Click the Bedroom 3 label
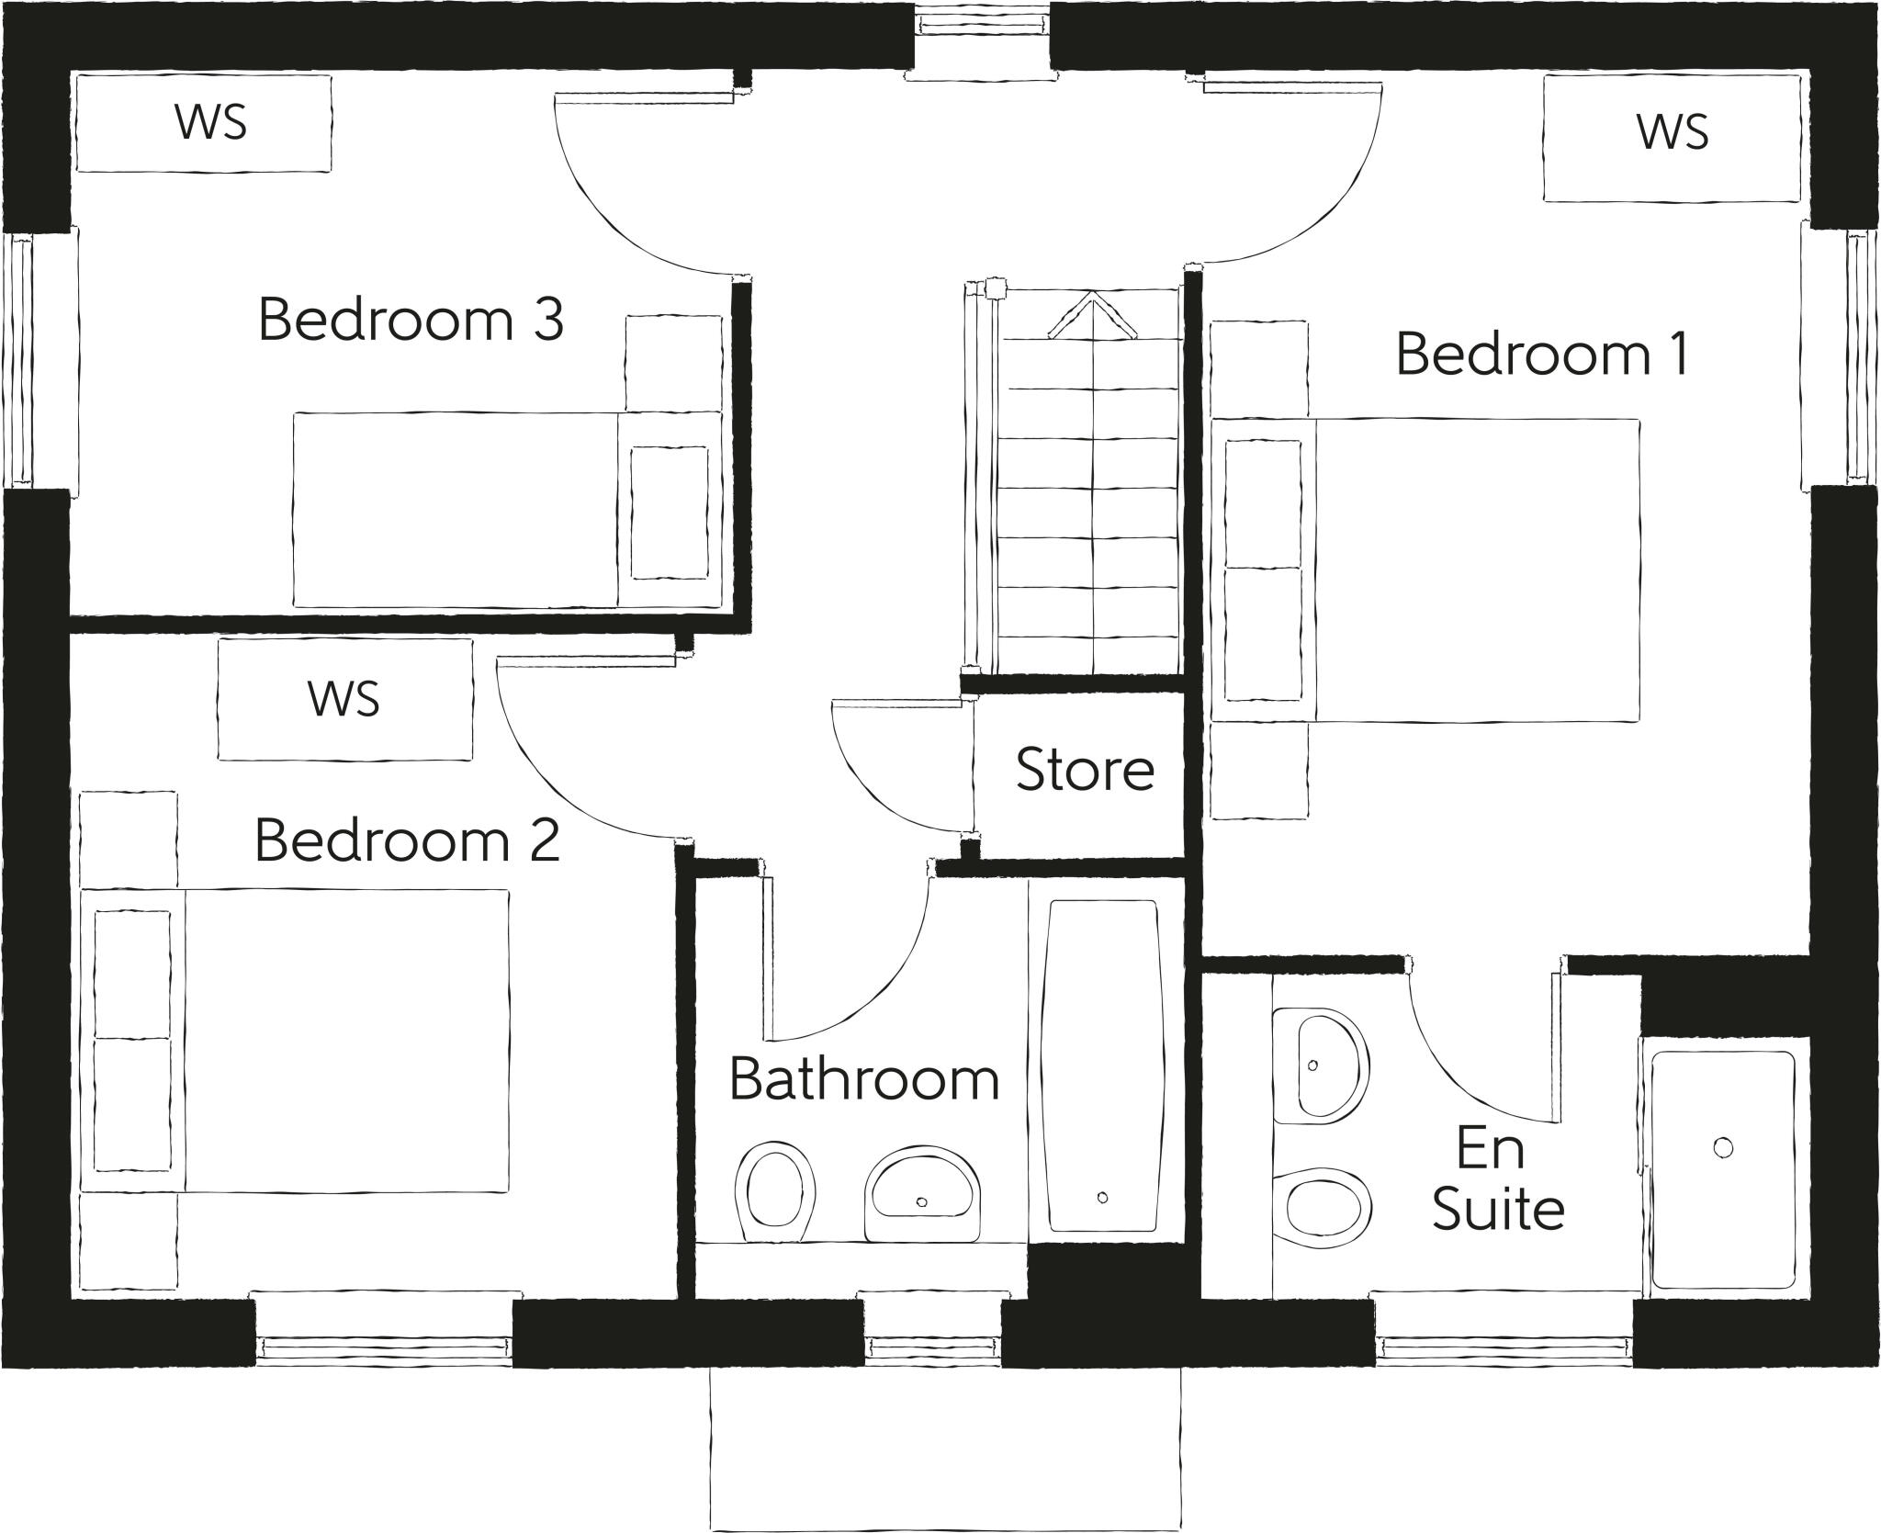[x=411, y=321]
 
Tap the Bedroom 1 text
[x=1542, y=355]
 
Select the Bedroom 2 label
[x=407, y=840]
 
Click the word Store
[x=1085, y=770]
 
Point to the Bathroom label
[x=864, y=1079]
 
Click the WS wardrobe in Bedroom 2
[x=344, y=700]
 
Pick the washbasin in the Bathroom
[x=922, y=1192]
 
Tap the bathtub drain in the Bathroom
[x=1102, y=1197]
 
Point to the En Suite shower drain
[x=1723, y=1147]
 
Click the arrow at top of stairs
[x=1090, y=315]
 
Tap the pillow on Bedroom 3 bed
[x=670, y=513]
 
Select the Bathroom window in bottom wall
[x=930, y=1347]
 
